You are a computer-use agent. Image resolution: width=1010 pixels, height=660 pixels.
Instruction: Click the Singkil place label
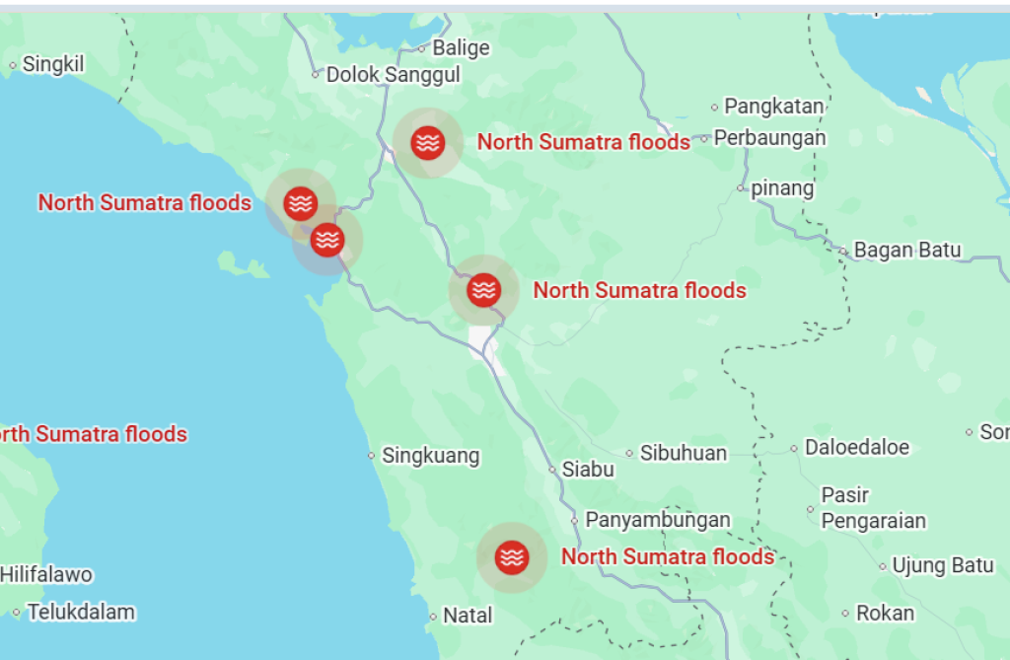(x=53, y=65)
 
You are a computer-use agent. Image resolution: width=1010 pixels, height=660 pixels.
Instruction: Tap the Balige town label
(x=461, y=47)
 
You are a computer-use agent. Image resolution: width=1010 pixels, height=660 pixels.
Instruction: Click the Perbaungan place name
(x=769, y=138)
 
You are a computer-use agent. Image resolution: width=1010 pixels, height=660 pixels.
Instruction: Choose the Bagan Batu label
(x=907, y=251)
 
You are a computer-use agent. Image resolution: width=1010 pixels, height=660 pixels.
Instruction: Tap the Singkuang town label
(x=430, y=456)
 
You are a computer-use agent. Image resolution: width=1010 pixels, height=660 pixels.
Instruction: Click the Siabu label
(x=588, y=470)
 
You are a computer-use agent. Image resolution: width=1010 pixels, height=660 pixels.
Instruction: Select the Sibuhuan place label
(x=684, y=454)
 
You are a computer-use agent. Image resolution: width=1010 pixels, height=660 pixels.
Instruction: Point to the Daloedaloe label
(x=857, y=448)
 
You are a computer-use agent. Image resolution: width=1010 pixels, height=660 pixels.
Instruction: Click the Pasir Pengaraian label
(x=873, y=508)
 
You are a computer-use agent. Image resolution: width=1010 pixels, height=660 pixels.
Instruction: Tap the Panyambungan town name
(x=658, y=520)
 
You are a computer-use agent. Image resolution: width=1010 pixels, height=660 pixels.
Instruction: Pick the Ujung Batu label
(x=942, y=566)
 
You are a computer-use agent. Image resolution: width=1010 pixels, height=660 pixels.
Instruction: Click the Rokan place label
(x=885, y=614)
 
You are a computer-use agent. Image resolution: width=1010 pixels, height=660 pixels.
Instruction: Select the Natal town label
(x=468, y=616)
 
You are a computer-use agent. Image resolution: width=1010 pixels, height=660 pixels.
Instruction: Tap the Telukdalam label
(x=81, y=613)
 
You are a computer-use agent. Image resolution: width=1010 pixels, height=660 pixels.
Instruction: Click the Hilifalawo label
(x=46, y=574)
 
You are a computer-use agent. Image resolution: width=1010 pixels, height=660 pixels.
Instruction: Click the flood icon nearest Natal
(x=511, y=557)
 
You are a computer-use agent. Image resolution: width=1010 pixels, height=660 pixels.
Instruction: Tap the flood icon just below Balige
(x=427, y=142)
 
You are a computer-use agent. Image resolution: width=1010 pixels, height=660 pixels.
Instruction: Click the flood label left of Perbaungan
(x=584, y=142)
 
